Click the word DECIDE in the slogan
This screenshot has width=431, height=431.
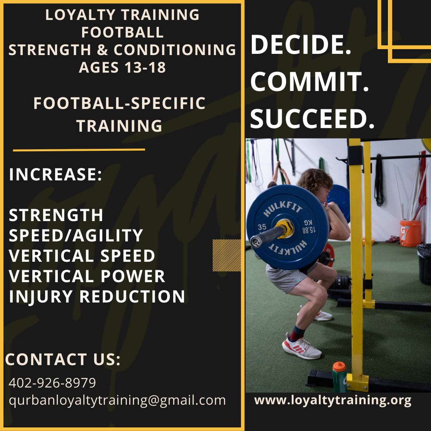pos(300,45)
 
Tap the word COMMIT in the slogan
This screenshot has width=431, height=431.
pos(309,82)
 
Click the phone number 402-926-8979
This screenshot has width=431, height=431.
pos(52,383)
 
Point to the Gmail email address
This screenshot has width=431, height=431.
pos(117,400)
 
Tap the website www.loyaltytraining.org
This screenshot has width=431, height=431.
pos(333,400)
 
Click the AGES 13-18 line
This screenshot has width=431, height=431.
pos(122,67)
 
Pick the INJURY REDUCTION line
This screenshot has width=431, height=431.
pos(97,297)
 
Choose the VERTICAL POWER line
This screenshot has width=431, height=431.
pos(87,276)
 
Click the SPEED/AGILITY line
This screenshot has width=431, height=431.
pos(76,235)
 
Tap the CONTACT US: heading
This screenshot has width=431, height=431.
pos(63,360)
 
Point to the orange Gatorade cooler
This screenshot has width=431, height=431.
pos(410,233)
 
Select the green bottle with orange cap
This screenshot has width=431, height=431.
pos(339,377)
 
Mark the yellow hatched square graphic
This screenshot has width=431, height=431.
pos(227,255)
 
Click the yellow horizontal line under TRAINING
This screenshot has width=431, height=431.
pos(79,150)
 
